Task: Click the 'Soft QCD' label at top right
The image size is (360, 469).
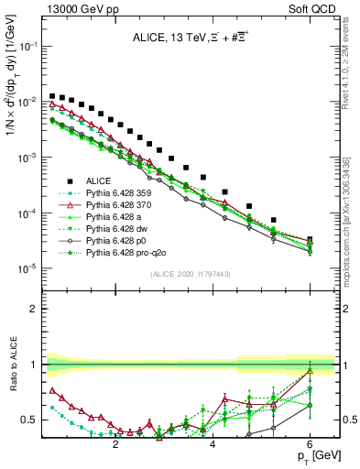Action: (x=311, y=7)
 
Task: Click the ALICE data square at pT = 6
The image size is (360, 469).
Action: (x=310, y=240)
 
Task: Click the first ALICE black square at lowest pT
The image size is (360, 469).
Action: (x=52, y=95)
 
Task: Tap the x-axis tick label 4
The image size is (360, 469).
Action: (x=213, y=444)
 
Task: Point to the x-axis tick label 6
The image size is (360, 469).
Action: (x=310, y=444)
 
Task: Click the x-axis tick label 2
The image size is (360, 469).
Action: (x=115, y=444)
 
